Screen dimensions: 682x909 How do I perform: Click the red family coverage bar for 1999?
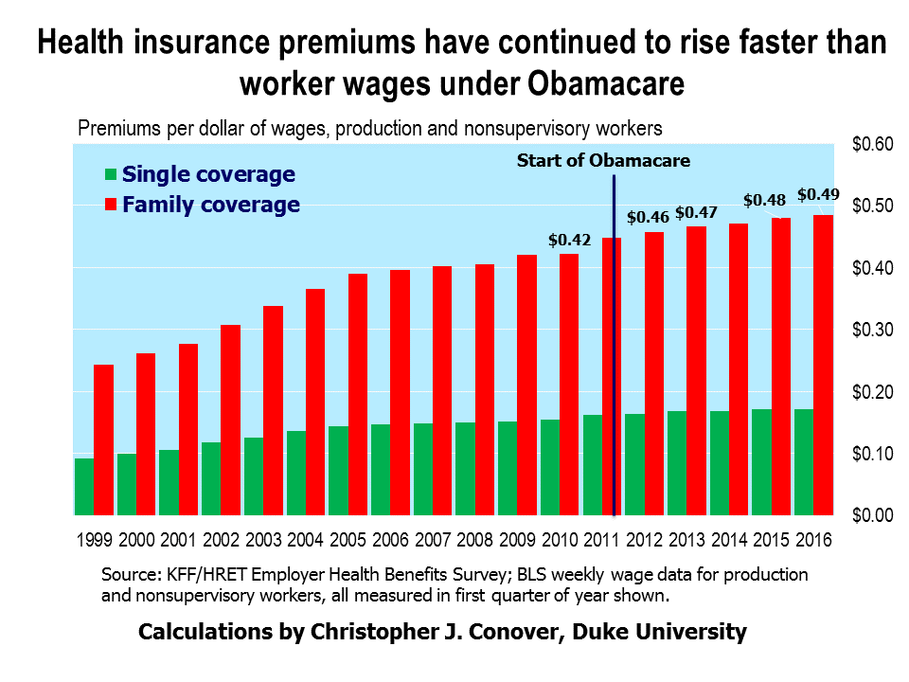(x=104, y=440)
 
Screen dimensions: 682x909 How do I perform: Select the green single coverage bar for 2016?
(x=803, y=462)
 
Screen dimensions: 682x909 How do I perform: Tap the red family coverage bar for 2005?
(x=358, y=394)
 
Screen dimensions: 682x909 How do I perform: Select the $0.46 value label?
(x=649, y=217)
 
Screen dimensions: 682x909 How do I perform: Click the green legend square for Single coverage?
(x=111, y=175)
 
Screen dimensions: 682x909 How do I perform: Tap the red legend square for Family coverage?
(x=111, y=205)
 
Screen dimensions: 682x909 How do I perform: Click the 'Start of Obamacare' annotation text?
(x=603, y=160)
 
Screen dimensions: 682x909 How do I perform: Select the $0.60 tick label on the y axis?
(x=871, y=145)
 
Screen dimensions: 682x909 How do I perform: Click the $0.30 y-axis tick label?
(x=871, y=331)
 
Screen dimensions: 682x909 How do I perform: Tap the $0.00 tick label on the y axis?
(x=871, y=515)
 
